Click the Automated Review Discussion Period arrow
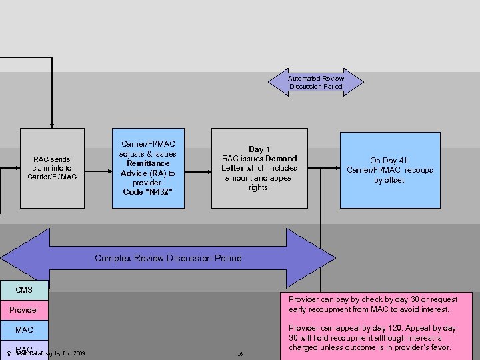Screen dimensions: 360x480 tap(316, 82)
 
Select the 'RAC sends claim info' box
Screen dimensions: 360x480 tap(52, 168)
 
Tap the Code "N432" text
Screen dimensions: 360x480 tap(147, 192)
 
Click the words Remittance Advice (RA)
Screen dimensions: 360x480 tap(148, 168)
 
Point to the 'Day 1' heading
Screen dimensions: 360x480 tap(259, 149)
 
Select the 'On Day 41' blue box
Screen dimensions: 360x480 tap(389, 170)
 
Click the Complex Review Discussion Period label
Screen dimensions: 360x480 tap(168, 258)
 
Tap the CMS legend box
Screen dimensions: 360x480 tap(24, 290)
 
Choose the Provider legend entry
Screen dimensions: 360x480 tap(24, 310)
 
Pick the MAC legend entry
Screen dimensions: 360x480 tap(24, 330)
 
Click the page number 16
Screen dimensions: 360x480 tap(239, 354)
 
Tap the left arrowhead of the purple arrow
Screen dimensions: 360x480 tap(17, 258)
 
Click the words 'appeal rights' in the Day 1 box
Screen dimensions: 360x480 tap(259, 187)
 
